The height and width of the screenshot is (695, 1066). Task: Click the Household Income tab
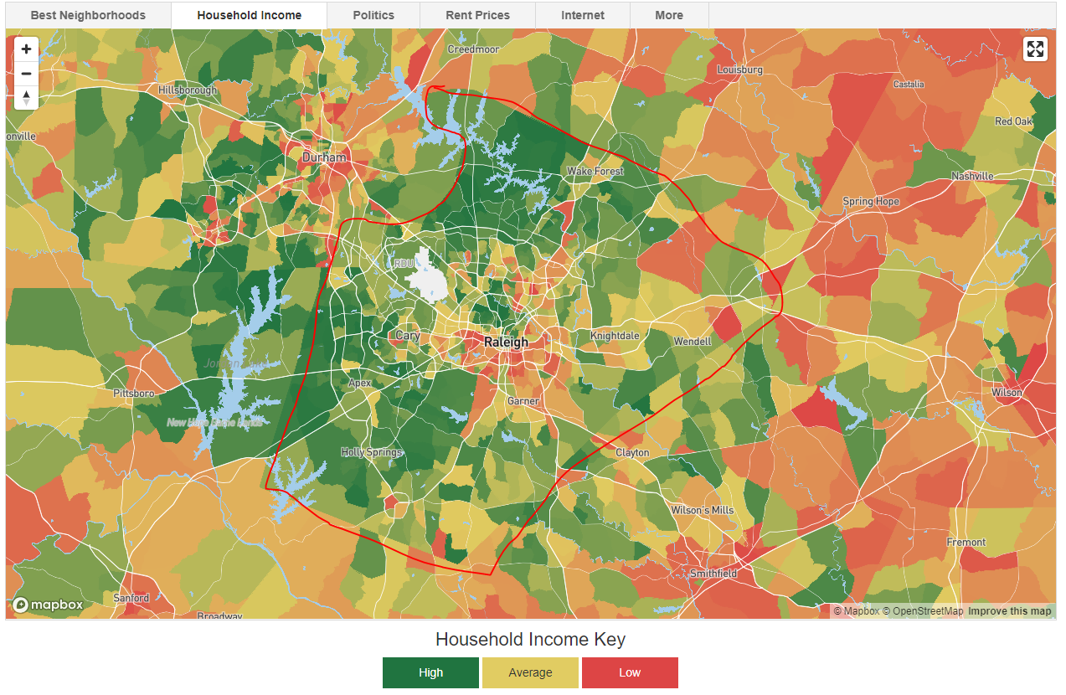click(x=249, y=15)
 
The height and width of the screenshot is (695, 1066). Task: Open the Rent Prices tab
click(x=477, y=15)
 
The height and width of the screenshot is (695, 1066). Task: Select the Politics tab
click(x=373, y=15)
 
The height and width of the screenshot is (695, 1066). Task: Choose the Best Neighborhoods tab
click(x=88, y=15)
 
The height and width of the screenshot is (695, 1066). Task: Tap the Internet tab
click(x=583, y=15)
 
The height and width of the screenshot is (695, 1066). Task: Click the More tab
click(x=669, y=15)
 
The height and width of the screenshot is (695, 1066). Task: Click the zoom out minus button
click(x=27, y=74)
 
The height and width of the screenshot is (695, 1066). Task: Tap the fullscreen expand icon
click(x=1035, y=49)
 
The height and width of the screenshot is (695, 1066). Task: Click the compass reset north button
click(x=27, y=98)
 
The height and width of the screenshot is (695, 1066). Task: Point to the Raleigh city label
click(x=507, y=342)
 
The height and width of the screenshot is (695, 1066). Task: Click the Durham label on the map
click(x=324, y=157)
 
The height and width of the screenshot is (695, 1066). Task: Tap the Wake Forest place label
click(x=595, y=172)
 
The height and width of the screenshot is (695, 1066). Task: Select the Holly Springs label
click(x=371, y=452)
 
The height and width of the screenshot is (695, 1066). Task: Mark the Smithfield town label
click(x=713, y=574)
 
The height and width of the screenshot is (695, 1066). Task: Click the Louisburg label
click(x=740, y=70)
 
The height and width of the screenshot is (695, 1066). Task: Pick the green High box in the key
click(x=430, y=672)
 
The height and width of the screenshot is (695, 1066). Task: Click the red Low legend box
click(x=630, y=672)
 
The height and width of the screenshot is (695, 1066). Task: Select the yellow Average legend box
click(x=530, y=672)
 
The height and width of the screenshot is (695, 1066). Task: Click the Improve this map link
click(x=1009, y=611)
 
